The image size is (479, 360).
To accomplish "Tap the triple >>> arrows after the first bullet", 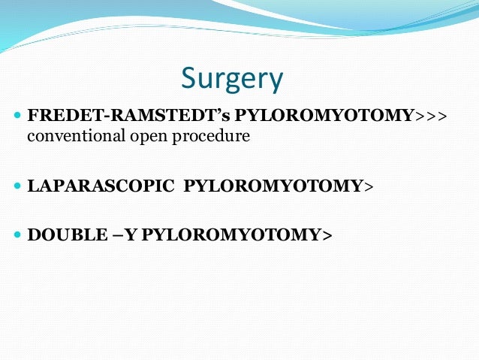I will (x=432, y=117).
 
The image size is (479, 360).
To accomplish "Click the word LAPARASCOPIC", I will (x=100, y=186).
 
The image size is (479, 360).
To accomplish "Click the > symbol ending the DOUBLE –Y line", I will (x=327, y=234).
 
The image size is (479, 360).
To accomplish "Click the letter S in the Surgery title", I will (x=189, y=79).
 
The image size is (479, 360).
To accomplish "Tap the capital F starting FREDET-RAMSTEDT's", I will (x=32, y=117).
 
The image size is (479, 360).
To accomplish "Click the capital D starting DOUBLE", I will (x=33, y=234).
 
